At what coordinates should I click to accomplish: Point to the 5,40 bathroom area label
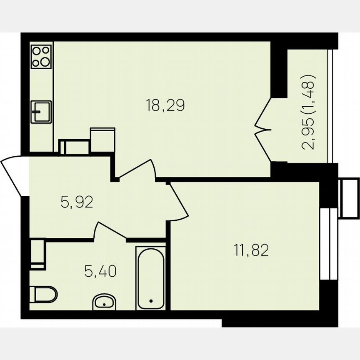(100, 272)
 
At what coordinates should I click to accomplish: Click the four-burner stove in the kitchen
(41, 56)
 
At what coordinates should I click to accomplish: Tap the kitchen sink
(41, 112)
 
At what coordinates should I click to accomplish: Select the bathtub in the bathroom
(150, 278)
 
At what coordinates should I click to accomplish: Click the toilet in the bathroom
(43, 295)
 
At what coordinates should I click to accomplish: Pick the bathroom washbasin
(105, 302)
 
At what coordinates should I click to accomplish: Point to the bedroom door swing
(178, 202)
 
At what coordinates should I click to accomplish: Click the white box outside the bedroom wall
(349, 198)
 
